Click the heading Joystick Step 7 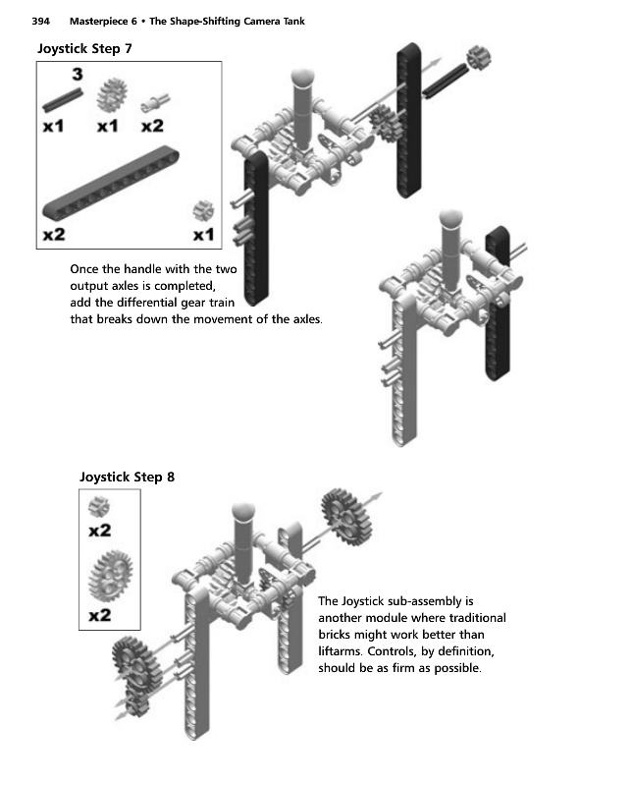84,48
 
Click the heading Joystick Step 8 127,477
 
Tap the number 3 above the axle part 75,74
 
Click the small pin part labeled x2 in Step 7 152,100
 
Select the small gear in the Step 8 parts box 98,507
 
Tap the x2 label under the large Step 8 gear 99,616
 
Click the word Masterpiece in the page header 104,21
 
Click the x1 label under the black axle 53,126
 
